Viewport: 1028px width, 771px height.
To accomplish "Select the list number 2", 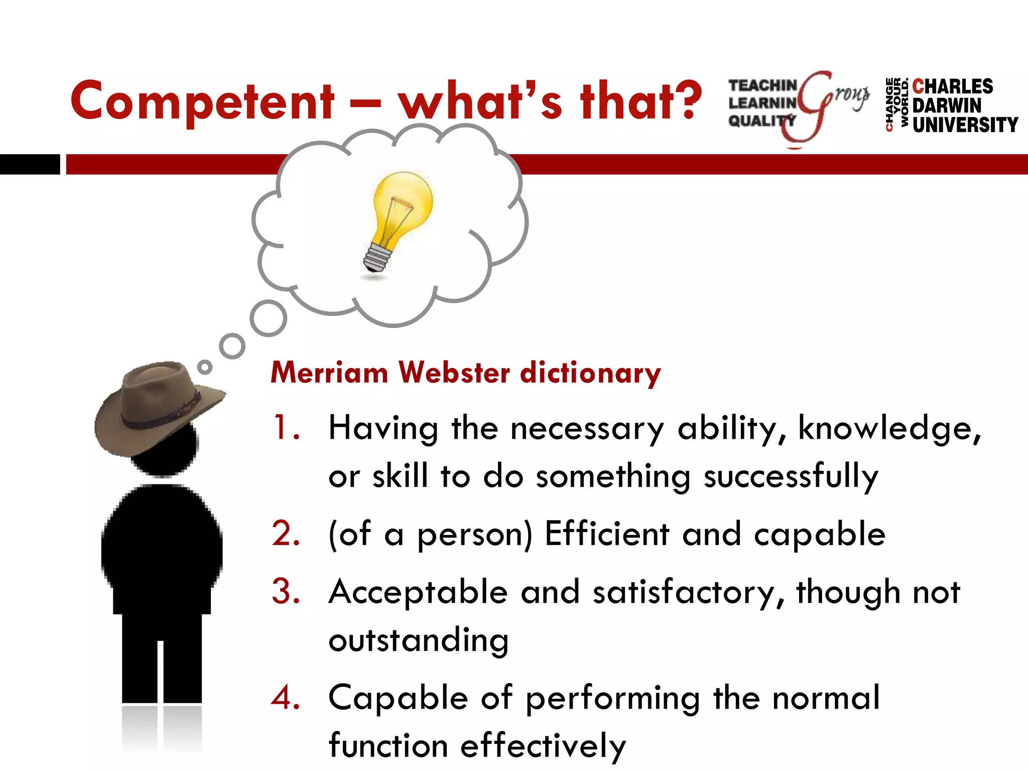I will click(286, 534).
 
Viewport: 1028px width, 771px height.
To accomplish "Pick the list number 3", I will click(286, 591).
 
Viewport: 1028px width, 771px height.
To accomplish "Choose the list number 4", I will click(286, 697).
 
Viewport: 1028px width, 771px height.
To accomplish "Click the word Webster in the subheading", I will click(454, 373).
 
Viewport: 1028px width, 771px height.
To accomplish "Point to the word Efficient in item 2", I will click(607, 534).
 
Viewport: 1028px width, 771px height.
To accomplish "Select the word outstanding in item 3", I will click(419, 640).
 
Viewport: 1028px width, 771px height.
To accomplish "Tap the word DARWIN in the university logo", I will click(947, 106).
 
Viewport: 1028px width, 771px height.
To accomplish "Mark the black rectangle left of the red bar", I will click(30, 164).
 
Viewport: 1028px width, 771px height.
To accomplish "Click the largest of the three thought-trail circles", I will click(269, 318).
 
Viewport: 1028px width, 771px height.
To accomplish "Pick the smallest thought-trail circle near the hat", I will click(204, 367).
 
